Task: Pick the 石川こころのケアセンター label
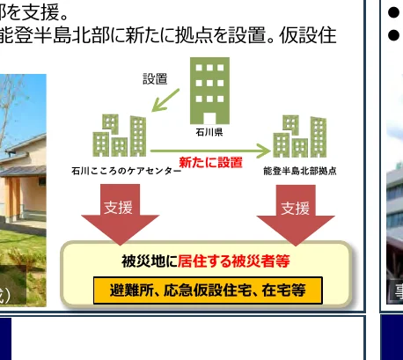(126, 172)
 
